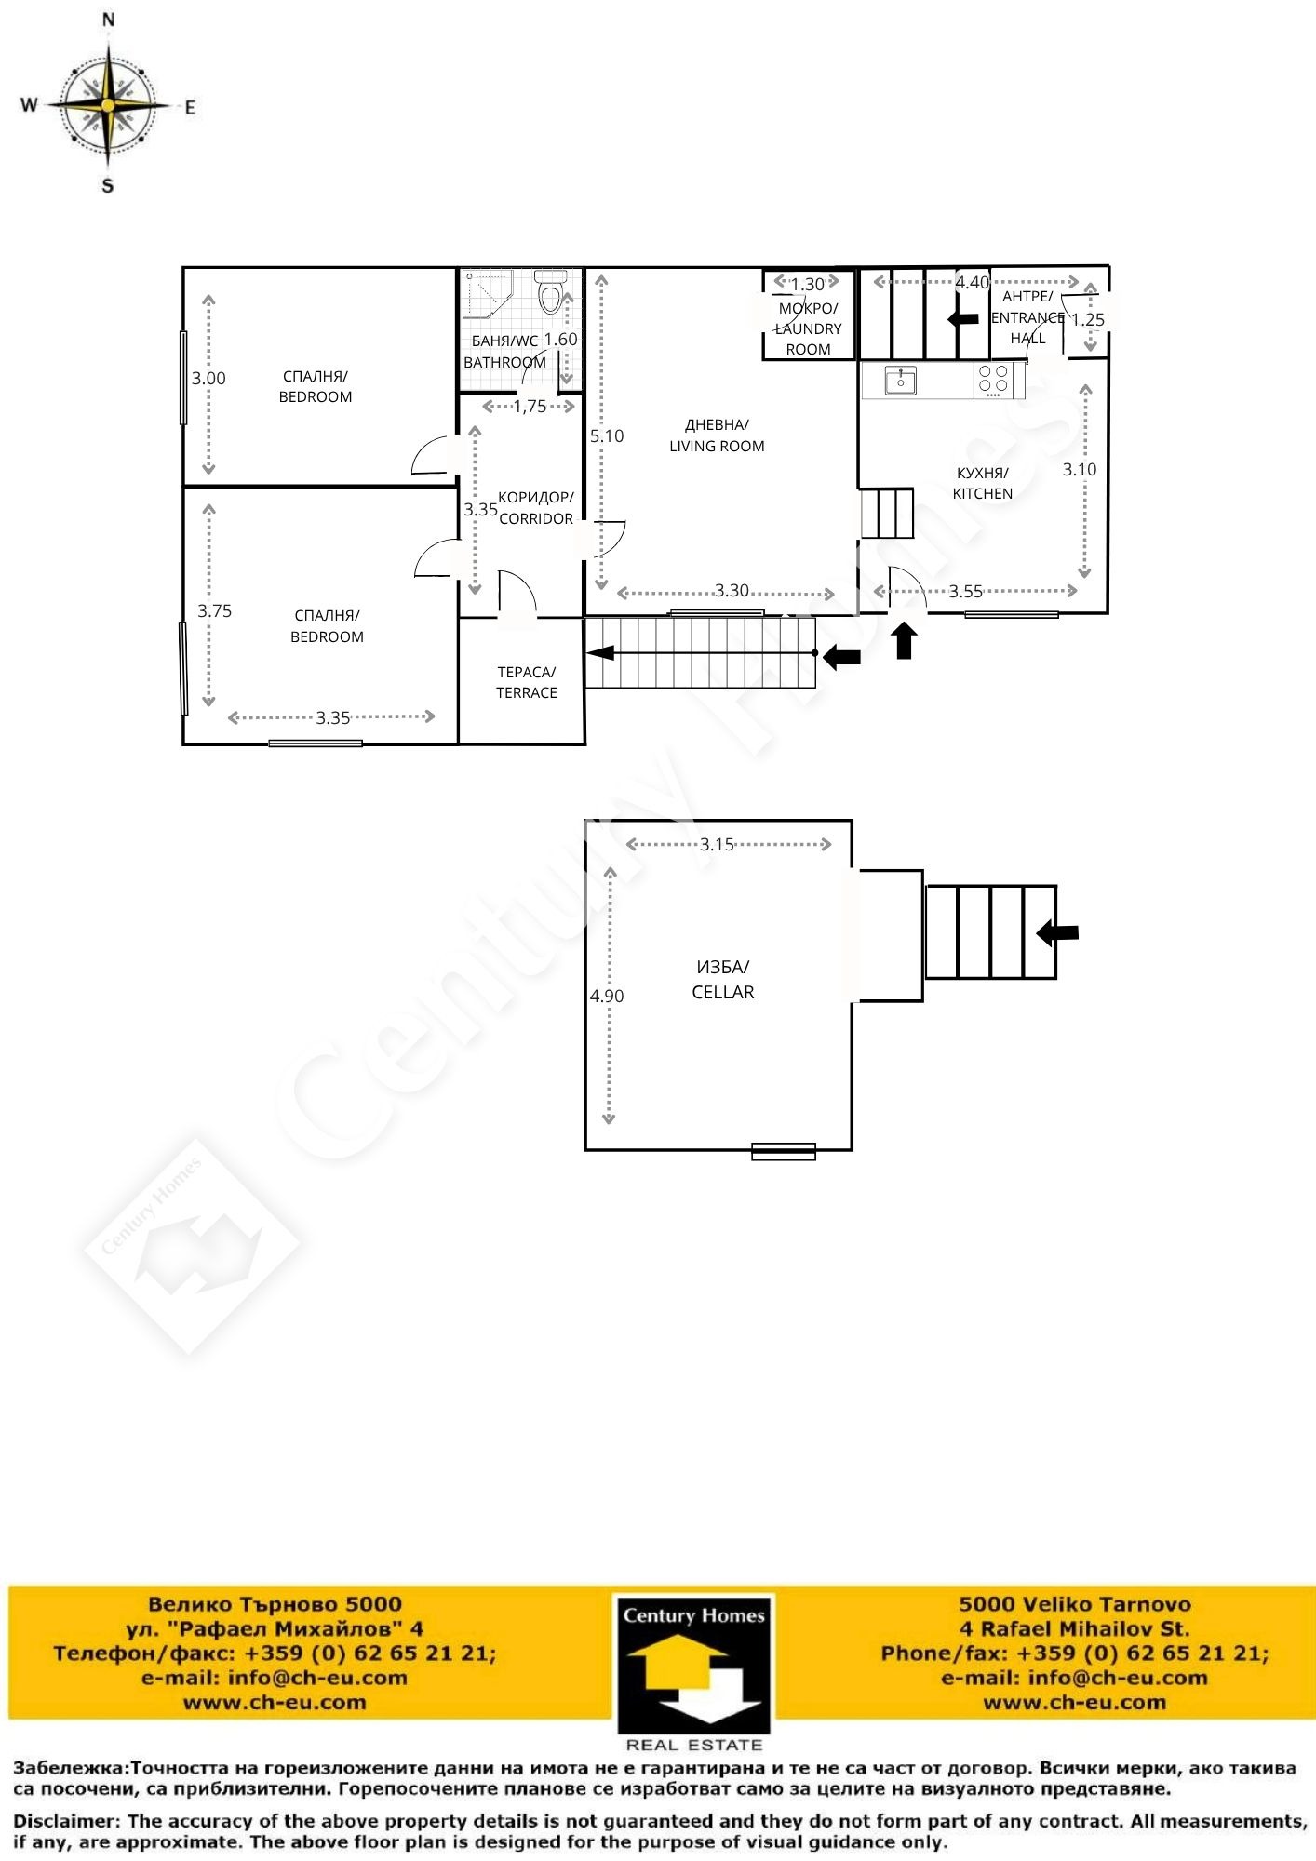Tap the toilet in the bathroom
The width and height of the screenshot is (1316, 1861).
(x=551, y=292)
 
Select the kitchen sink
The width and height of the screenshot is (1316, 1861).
(x=900, y=381)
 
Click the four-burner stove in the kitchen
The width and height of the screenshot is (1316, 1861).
(x=994, y=381)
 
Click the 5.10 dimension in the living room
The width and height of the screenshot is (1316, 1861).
(x=607, y=435)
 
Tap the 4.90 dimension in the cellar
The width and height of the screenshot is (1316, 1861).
(x=607, y=996)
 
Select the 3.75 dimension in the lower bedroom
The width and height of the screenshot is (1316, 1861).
(x=214, y=610)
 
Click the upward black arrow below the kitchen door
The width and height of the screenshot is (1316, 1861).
(x=905, y=641)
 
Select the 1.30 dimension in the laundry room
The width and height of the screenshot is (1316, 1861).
(x=807, y=284)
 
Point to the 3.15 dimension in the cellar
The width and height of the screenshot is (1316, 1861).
(x=717, y=844)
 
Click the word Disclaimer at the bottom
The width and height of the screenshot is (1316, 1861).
(x=67, y=1821)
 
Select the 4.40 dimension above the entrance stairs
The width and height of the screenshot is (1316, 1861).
(x=973, y=282)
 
